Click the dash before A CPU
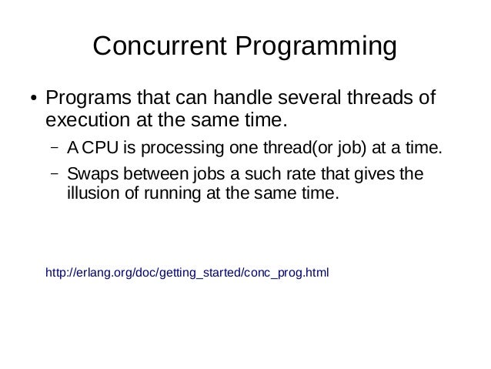click(x=56, y=147)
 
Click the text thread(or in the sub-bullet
click(x=277, y=148)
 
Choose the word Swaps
click(x=89, y=173)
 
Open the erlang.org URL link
click(x=188, y=272)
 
